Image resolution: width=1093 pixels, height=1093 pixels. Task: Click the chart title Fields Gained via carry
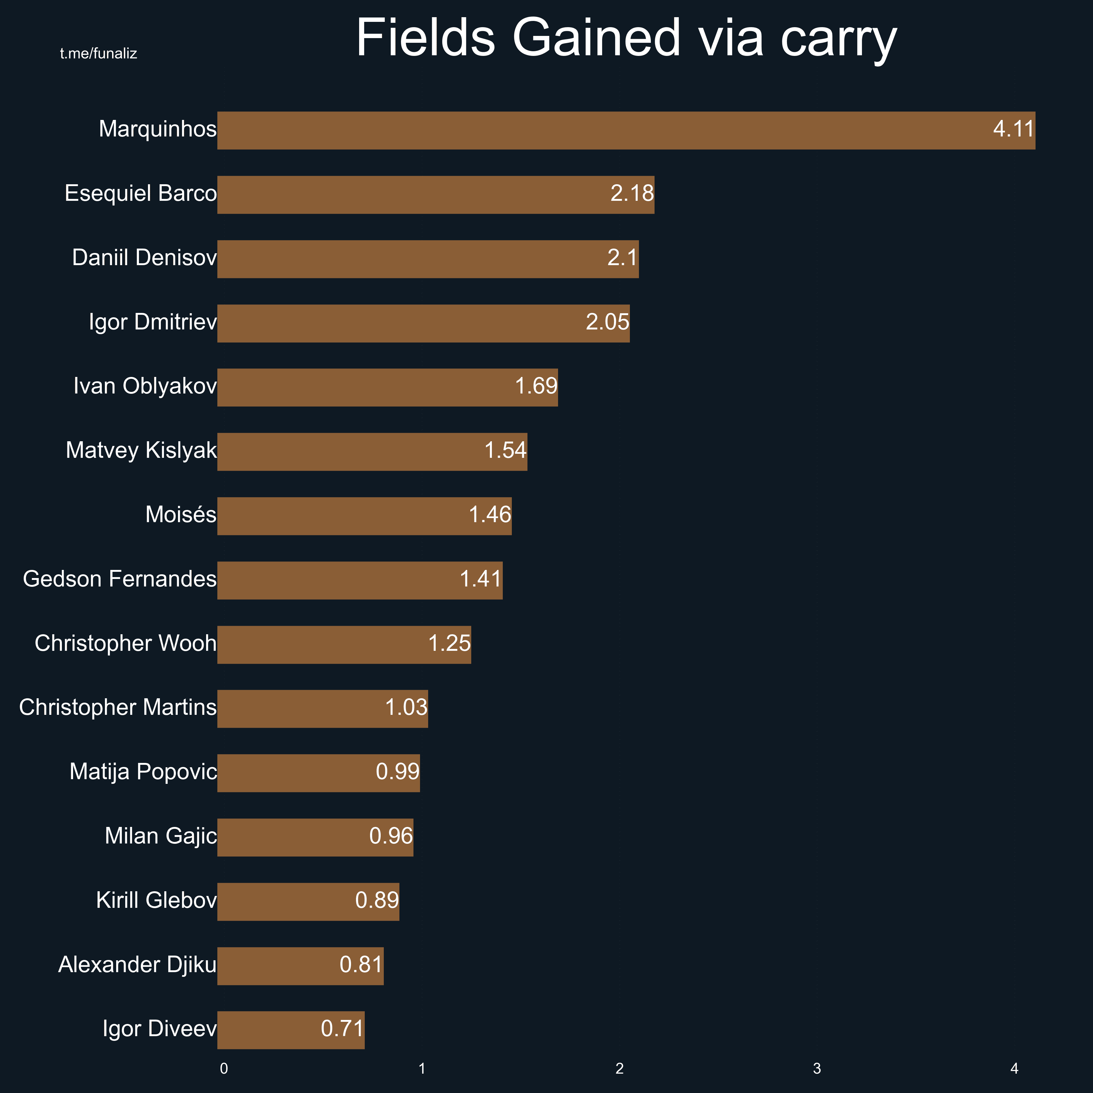point(626,38)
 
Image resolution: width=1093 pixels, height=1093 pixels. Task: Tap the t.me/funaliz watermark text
point(98,54)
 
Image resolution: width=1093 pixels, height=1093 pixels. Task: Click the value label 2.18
point(632,194)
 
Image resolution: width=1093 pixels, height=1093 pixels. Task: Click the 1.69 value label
point(536,386)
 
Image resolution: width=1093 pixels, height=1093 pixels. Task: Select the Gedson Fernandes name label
point(119,579)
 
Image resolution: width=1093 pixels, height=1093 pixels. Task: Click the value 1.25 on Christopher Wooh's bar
point(449,643)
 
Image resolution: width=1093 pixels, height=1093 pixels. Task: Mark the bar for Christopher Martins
point(323,708)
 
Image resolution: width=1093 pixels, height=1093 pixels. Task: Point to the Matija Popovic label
point(143,772)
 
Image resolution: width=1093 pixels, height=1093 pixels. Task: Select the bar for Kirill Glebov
point(308,901)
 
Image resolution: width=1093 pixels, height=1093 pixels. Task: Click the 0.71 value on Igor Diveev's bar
point(342,1028)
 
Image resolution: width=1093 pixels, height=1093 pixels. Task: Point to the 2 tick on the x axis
point(620,1069)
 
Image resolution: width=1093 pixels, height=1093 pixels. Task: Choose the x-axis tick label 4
point(1014,1069)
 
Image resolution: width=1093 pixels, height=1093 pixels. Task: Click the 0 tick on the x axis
point(224,1069)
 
